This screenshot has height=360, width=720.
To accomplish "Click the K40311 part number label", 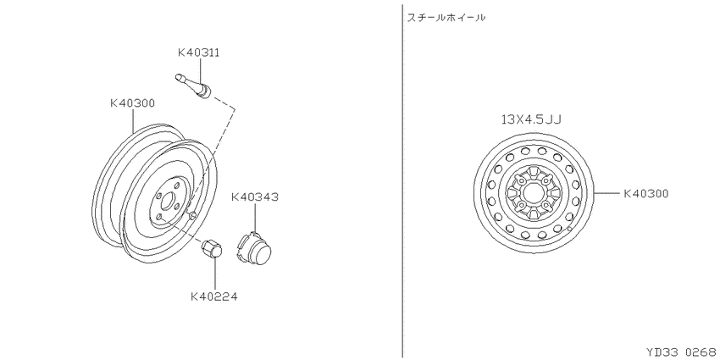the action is pos(198,53).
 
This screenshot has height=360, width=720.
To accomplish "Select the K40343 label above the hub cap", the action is pos(254,197).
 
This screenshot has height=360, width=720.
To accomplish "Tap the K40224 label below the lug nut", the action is pos(214,296).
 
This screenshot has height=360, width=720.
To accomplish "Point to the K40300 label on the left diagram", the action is pos(132,103).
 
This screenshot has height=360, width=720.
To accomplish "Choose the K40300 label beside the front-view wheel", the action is pos(645,194).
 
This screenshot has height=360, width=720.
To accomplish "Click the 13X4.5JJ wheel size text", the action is pos(531,119).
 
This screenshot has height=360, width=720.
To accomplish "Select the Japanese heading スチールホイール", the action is pos(446,18).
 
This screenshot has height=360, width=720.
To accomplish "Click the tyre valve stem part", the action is pos(194,86).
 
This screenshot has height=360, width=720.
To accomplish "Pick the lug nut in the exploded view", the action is pos(212,249).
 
